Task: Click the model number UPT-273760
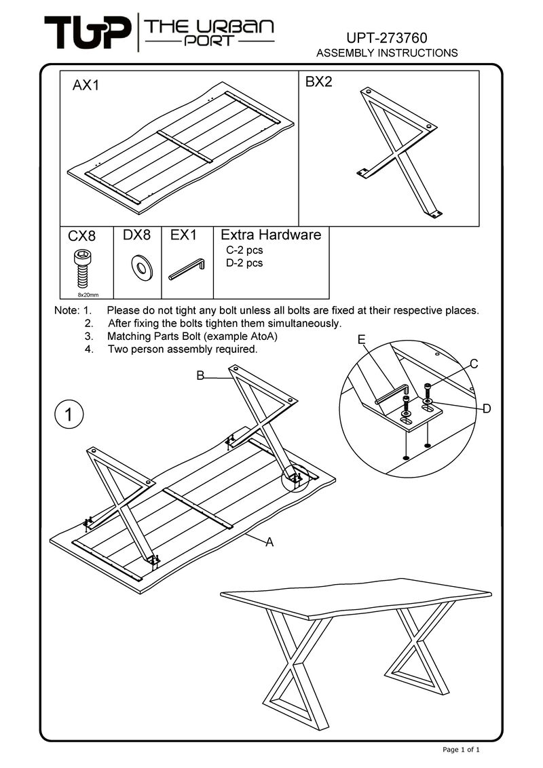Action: click(387, 37)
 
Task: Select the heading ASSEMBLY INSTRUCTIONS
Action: click(388, 53)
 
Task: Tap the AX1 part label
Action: click(86, 86)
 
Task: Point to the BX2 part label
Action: click(318, 83)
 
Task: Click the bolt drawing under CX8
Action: click(80, 268)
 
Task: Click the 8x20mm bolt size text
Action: click(88, 295)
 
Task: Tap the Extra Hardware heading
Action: click(271, 235)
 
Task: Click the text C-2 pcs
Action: click(244, 250)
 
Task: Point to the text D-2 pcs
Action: click(244, 263)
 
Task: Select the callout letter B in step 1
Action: click(200, 375)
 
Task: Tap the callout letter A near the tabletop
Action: click(269, 543)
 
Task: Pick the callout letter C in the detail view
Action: click(474, 364)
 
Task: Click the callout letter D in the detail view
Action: click(487, 408)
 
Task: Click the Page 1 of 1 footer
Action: click(462, 750)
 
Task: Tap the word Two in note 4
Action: click(118, 350)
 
